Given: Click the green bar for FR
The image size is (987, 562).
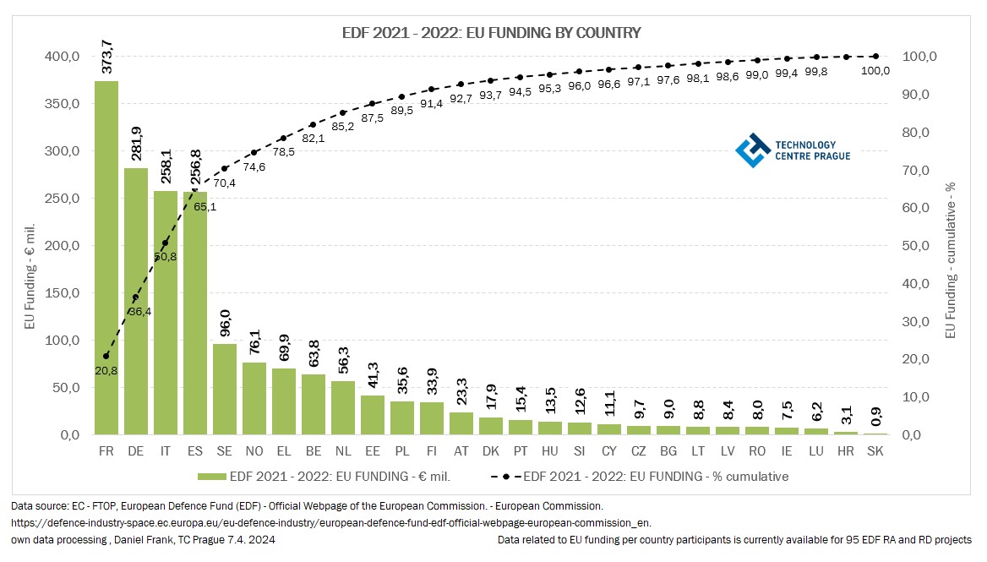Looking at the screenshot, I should point(106,258).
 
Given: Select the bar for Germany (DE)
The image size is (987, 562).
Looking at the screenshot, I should point(136,301).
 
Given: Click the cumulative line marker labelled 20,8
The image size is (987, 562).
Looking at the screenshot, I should point(106,356).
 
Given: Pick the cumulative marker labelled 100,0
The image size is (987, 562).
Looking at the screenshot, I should point(875,57).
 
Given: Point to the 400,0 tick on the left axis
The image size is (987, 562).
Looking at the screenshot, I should point(63,57).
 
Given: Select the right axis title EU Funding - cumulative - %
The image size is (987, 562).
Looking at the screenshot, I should point(949,259).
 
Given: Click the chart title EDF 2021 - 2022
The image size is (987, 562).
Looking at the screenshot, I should point(491,33).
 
